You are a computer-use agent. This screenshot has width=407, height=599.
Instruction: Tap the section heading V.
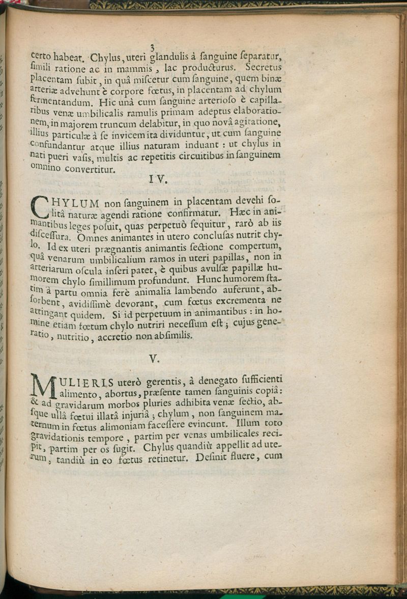(155, 359)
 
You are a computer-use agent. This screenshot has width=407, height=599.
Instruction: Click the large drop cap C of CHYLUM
(41, 206)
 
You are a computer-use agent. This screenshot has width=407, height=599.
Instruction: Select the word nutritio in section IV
(73, 338)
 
